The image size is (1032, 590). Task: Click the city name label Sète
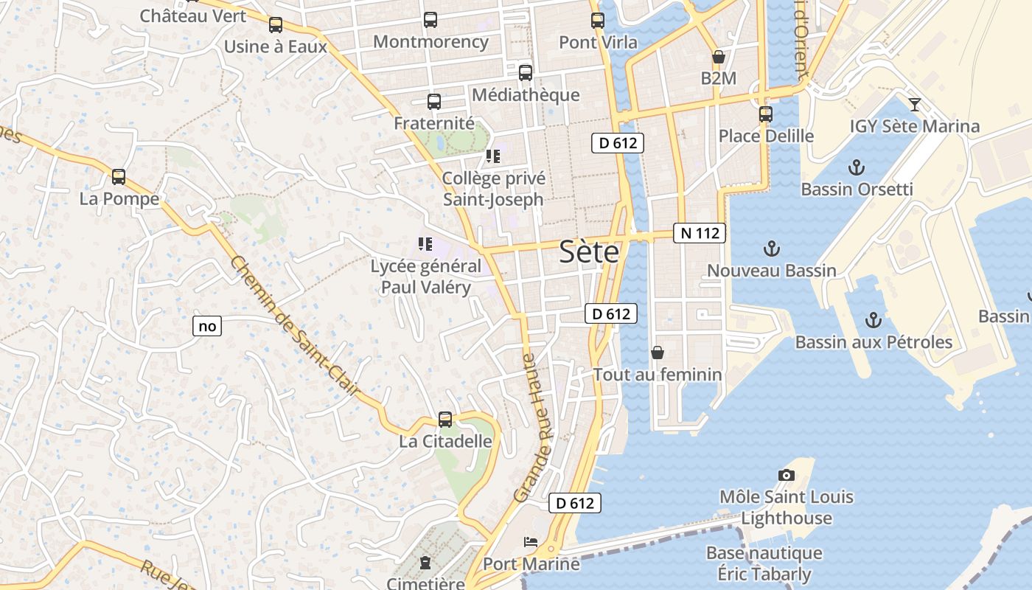coord(589,252)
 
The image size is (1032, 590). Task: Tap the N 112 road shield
coord(700,233)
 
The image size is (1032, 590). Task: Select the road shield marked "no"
coord(208,325)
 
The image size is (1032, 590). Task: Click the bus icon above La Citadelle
coord(445,420)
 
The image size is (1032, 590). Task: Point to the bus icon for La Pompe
coord(119,177)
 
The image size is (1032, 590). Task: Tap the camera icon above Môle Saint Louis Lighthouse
coord(787,476)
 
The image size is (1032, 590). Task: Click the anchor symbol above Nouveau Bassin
coord(772,249)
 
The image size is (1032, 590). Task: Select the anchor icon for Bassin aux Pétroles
coord(874,320)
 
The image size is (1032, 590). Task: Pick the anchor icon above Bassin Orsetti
coord(856,167)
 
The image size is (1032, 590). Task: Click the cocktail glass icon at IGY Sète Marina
coord(915,104)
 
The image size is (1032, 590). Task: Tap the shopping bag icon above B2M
coord(718,57)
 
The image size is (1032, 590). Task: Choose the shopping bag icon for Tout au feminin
coord(658,353)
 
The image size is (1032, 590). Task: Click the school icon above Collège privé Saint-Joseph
coord(493,156)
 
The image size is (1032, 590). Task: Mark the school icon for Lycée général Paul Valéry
coord(425,244)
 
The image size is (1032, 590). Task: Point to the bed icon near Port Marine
coord(531,542)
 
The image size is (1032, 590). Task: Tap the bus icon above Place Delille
coord(766,114)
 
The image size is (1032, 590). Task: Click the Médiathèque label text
coord(526,95)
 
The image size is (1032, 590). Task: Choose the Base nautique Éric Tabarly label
coord(764,563)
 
